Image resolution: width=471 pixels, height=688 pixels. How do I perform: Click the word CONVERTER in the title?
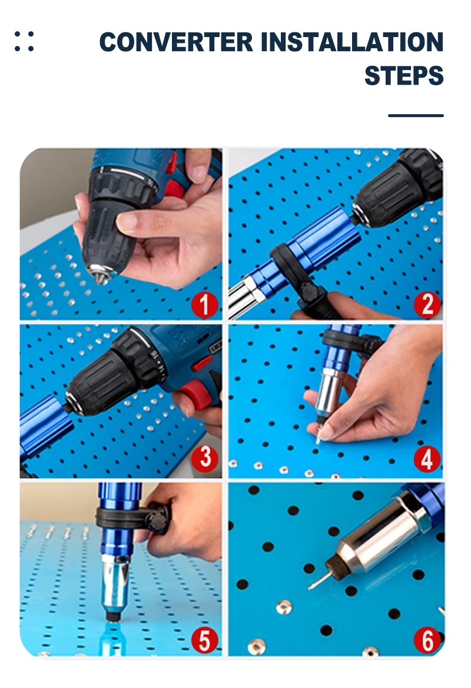[x=176, y=42]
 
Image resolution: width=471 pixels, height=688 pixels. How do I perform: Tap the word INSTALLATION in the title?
[x=352, y=42]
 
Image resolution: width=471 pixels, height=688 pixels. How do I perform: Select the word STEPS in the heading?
[x=404, y=75]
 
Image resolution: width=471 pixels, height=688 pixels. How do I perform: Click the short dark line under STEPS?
[x=416, y=116]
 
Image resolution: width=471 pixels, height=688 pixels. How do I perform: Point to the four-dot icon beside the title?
[x=24, y=41]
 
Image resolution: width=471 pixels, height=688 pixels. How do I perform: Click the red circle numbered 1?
[x=205, y=305]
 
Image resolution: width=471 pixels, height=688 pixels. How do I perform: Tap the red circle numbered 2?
[x=427, y=305]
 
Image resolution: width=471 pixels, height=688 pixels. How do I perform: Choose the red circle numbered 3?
[x=205, y=458]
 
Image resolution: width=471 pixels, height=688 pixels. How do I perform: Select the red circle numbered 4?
[x=427, y=459]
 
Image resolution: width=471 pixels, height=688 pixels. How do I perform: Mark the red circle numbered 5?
[x=205, y=640]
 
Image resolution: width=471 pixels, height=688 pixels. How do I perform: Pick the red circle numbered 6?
[x=427, y=640]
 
